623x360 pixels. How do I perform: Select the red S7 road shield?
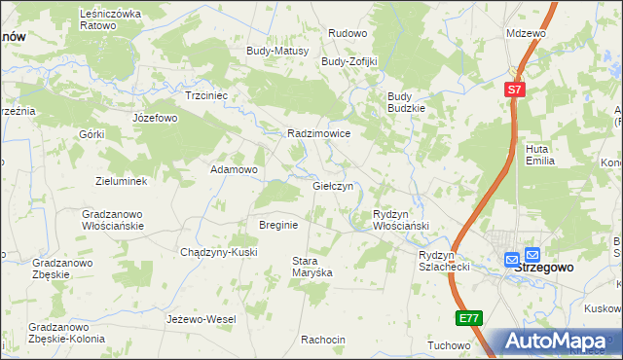pyautogui.click(x=515, y=90)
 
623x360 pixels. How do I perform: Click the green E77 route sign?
pyautogui.click(x=468, y=318)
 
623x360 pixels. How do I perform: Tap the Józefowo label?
pyautogui.click(x=155, y=118)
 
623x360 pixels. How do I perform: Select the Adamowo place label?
pyautogui.click(x=235, y=169)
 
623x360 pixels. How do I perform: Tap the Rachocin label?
pyautogui.click(x=323, y=340)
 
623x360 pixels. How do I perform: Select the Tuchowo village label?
pyautogui.click(x=449, y=345)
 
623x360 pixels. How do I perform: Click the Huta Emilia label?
pyautogui.click(x=539, y=155)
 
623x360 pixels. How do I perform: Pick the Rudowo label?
pyautogui.click(x=347, y=32)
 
